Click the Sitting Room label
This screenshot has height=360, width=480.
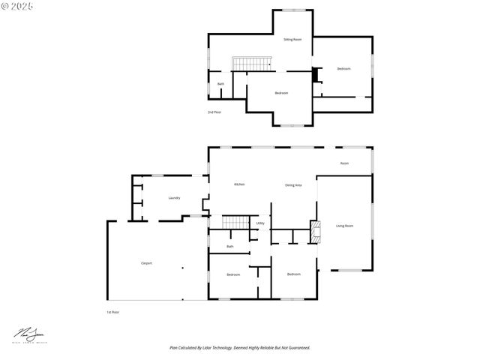(292, 39)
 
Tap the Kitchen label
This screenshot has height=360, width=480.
(239, 184)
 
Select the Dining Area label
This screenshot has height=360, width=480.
(293, 184)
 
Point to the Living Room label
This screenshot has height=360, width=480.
(344, 226)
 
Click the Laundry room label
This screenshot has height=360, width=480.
(174, 198)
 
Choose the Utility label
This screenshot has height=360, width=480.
(260, 223)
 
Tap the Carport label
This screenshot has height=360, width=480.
(147, 262)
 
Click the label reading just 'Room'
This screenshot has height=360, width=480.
(344, 163)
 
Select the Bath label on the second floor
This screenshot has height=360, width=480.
(220, 84)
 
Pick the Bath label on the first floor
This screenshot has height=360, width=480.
(230, 246)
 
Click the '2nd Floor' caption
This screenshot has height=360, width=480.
(214, 112)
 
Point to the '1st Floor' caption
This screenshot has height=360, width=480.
(113, 311)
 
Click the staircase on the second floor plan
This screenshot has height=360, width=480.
(250, 64)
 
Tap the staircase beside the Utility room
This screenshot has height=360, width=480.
(237, 221)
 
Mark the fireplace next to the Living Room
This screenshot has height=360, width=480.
(315, 232)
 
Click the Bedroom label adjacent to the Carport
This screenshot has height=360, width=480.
(233, 274)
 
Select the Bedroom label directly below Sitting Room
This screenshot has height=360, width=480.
(281, 93)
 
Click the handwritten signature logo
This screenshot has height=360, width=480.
(28, 332)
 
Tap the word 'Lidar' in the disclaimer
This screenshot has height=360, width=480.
(217, 348)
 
